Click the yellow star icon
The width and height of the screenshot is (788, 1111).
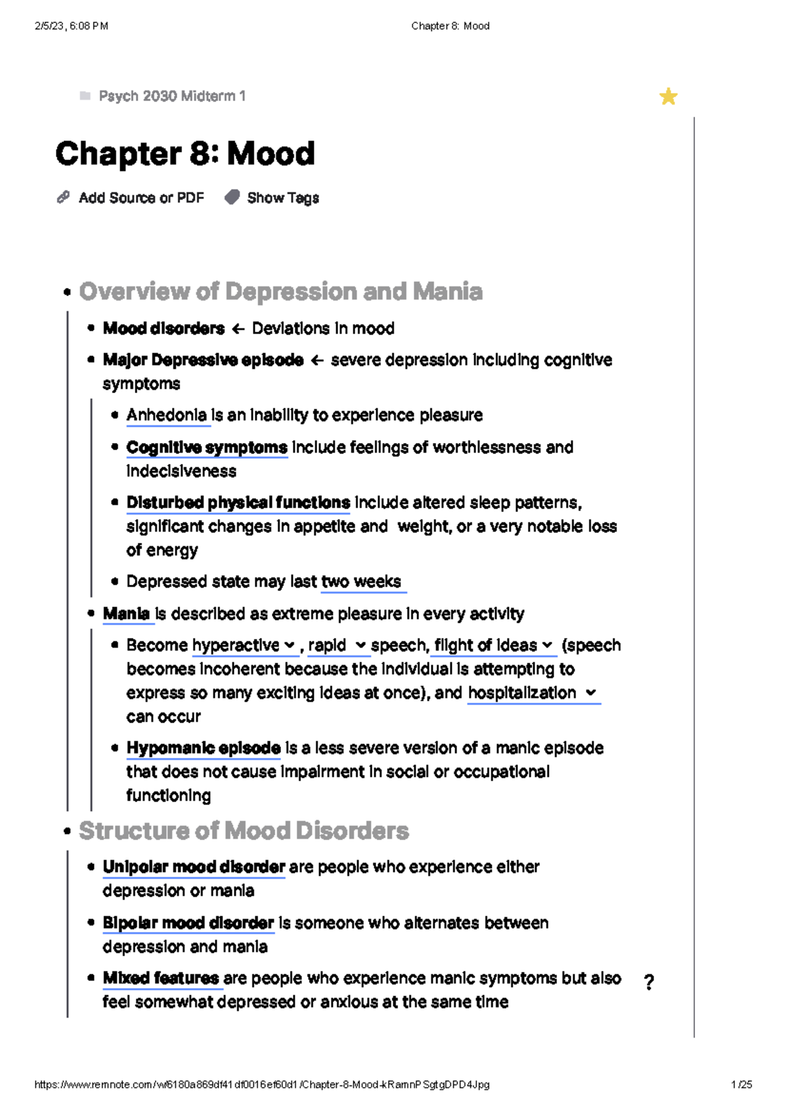click(x=668, y=96)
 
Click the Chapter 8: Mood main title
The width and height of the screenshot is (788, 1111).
click(x=185, y=154)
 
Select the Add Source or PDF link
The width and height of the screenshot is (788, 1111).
click(x=141, y=198)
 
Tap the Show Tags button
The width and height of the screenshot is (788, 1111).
click(x=282, y=198)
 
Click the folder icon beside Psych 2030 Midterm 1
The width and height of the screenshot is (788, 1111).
click(x=85, y=96)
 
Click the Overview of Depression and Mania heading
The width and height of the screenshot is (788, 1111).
click(x=280, y=291)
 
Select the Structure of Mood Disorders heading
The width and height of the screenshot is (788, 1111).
click(x=244, y=831)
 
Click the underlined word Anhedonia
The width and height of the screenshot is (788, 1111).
click(x=167, y=415)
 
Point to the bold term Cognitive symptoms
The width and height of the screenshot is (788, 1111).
click(x=207, y=448)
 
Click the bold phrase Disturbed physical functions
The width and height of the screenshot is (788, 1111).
click(x=238, y=503)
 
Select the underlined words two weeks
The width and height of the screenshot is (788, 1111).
click(x=361, y=581)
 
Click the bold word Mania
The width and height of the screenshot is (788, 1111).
click(x=127, y=614)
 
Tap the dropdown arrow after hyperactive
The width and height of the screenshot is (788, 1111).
click(x=290, y=646)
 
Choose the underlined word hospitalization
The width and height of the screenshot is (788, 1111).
click(x=522, y=693)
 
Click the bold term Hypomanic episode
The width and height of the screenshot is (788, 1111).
click(x=204, y=748)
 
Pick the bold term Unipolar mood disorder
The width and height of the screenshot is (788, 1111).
click(x=194, y=867)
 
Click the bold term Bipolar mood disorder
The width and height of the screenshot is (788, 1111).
click(x=188, y=923)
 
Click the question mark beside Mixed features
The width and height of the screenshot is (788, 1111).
click(x=649, y=982)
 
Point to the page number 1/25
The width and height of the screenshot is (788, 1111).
click(x=741, y=1085)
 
